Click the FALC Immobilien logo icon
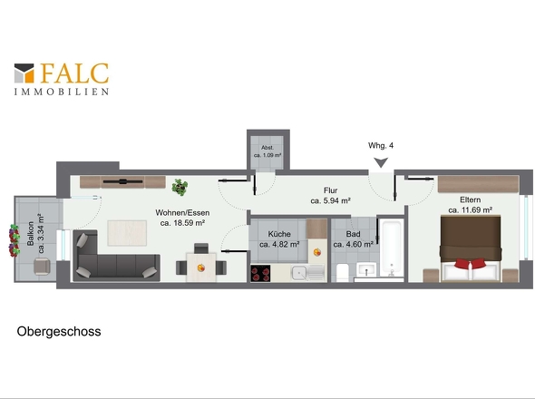tap(24, 73)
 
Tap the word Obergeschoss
tap(59, 332)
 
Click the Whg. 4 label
tap(381, 145)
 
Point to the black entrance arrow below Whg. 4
tap(381, 162)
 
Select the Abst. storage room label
tap(267, 151)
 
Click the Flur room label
tap(331, 196)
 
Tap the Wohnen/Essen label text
tap(182, 218)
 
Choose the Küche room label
tap(279, 238)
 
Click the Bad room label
tap(353, 238)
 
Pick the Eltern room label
tap(471, 205)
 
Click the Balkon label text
tap(36, 233)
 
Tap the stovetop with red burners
tap(260, 273)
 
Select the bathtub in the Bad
tap(392, 248)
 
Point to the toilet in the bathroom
tap(342, 272)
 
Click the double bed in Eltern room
tap(471, 248)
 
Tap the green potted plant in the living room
tap(180, 187)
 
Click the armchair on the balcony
tap(42, 267)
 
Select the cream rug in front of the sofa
tap(127, 233)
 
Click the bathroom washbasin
tap(366, 269)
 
